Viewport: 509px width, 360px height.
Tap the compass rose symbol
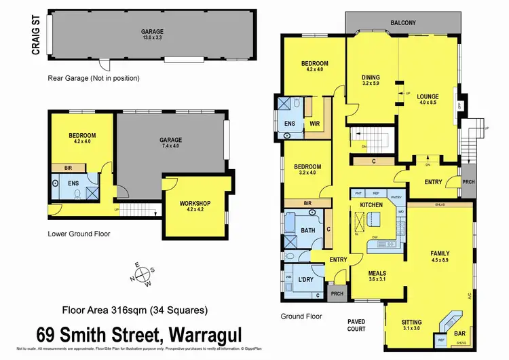coord(144,274)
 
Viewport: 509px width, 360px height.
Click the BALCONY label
coord(403,22)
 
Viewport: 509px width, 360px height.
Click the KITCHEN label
coord(372,204)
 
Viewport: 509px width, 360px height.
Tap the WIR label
coord(314,123)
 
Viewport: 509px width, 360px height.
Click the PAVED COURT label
coord(357,324)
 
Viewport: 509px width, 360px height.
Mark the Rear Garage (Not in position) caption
coord(94,78)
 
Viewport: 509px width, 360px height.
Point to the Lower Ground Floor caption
coord(79,234)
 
